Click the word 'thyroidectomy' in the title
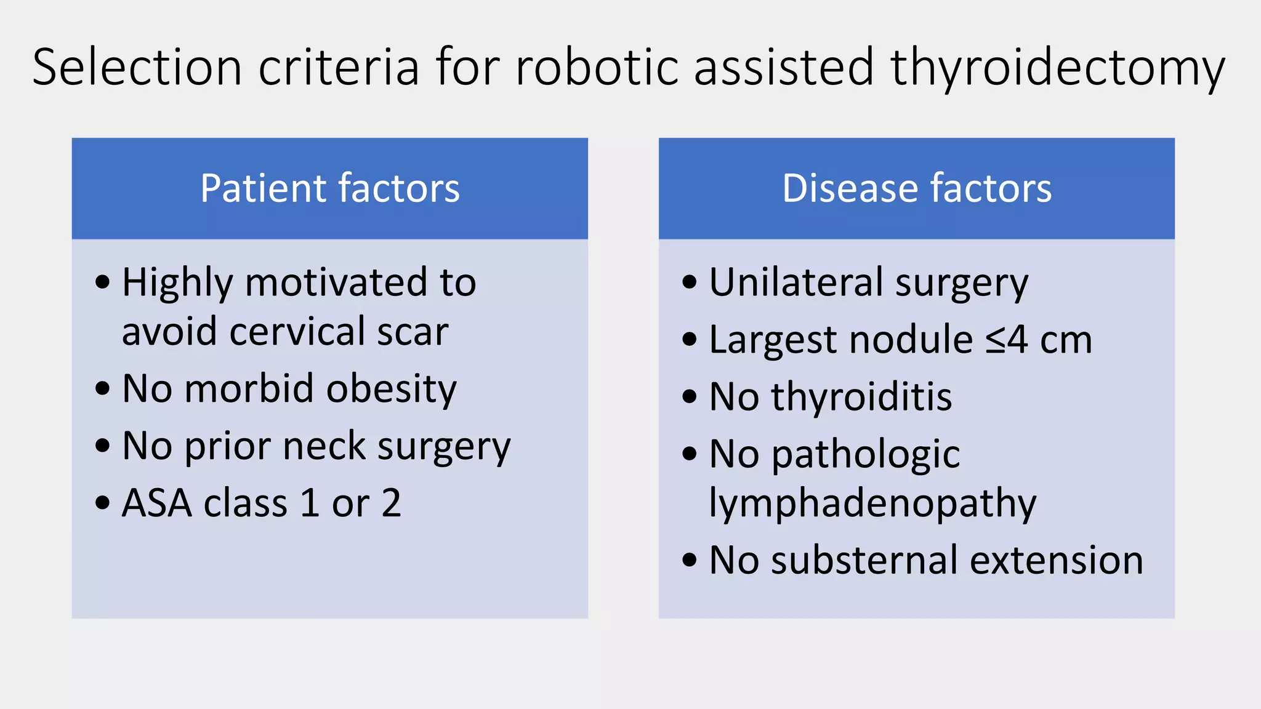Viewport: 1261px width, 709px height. click(x=1057, y=68)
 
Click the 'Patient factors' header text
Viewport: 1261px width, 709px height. click(x=330, y=188)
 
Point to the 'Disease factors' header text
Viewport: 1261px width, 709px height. click(x=916, y=188)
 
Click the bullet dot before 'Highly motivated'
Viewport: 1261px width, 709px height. click(x=103, y=282)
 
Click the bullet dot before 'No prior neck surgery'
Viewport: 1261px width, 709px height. click(x=103, y=446)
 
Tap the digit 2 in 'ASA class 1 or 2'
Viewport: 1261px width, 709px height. click(x=391, y=503)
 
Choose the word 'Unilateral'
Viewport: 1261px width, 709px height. click(x=796, y=282)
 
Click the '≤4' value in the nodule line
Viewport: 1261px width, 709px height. click(x=1006, y=340)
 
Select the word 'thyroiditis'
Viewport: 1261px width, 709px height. click(x=861, y=397)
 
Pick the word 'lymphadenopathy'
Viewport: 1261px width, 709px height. click(x=872, y=504)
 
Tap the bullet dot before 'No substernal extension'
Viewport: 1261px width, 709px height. click(x=690, y=561)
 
